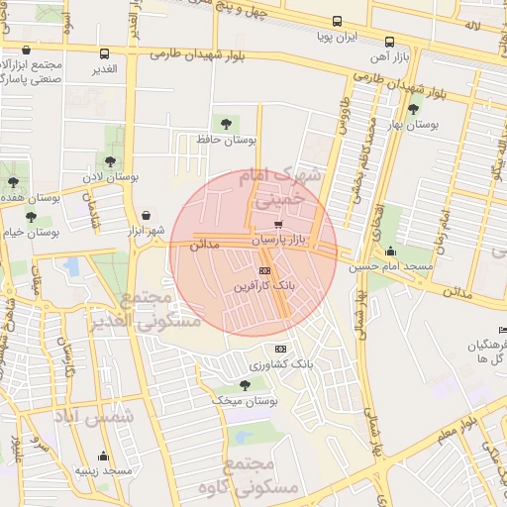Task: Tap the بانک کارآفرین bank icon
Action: pyautogui.click(x=264, y=269)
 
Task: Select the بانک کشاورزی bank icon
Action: pyautogui.click(x=280, y=349)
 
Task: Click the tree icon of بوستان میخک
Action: pyautogui.click(x=245, y=384)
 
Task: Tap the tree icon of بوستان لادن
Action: pyautogui.click(x=109, y=160)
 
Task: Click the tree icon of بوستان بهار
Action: pyautogui.click(x=413, y=109)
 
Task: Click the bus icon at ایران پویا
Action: pyautogui.click(x=338, y=21)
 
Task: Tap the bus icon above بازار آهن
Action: pyautogui.click(x=390, y=43)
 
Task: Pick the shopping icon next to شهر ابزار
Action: pyautogui.click(x=147, y=215)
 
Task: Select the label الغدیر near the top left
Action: pyautogui.click(x=104, y=68)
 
